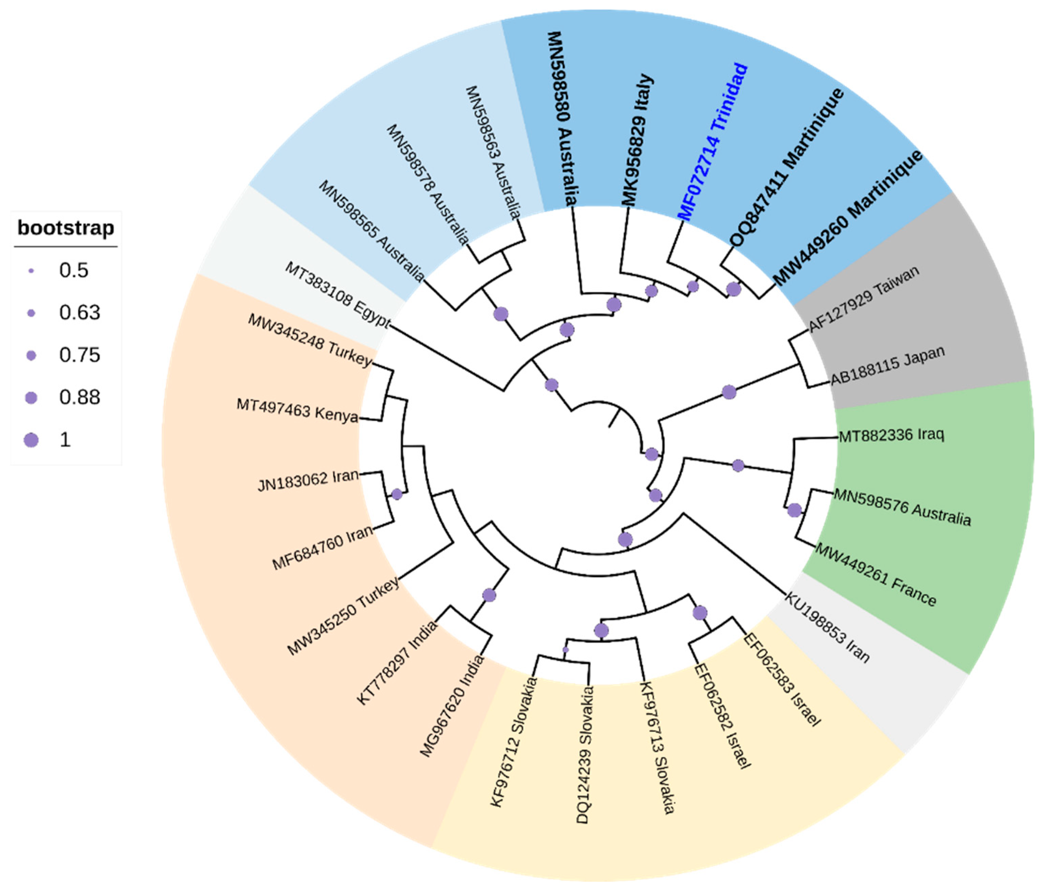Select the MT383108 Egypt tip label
(x=337, y=294)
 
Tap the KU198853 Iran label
(x=827, y=627)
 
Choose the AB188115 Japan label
(x=888, y=365)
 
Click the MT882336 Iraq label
(x=891, y=435)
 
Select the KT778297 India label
(x=397, y=663)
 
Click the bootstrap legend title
(x=66, y=228)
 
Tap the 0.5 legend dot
(x=31, y=271)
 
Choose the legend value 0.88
(x=79, y=398)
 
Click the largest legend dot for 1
(x=31, y=440)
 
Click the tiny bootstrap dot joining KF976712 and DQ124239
(x=565, y=650)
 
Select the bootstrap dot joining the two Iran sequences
(x=397, y=494)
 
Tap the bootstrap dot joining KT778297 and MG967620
(x=489, y=595)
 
